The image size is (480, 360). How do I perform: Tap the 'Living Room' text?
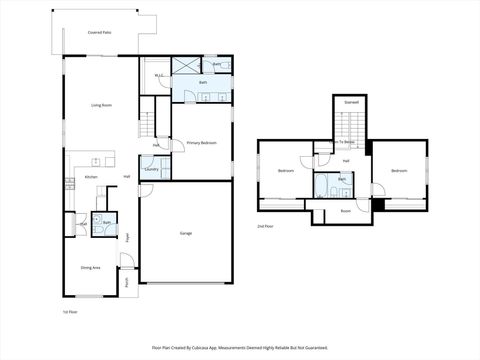(x=101, y=104)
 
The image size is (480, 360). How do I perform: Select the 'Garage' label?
(x=186, y=233)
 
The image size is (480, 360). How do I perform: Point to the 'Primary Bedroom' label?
(x=201, y=143)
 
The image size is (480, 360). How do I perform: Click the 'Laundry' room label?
(x=151, y=170)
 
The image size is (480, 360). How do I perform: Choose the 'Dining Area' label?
(x=92, y=267)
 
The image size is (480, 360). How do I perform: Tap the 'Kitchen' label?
(x=91, y=177)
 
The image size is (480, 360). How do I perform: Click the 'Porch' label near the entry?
(x=128, y=282)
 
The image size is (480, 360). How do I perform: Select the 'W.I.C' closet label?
(x=158, y=75)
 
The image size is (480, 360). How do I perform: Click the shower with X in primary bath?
(x=186, y=65)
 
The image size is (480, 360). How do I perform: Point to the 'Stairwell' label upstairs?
(x=351, y=102)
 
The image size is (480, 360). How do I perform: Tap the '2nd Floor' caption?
(x=265, y=227)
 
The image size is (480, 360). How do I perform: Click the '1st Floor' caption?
(x=71, y=311)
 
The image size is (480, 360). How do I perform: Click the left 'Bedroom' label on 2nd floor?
(x=285, y=171)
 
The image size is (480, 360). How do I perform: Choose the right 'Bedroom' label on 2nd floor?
(x=399, y=171)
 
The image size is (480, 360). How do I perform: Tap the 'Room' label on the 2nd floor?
(x=345, y=211)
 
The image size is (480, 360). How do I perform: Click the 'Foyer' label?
(x=128, y=237)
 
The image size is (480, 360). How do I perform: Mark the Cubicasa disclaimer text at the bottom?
(x=239, y=347)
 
